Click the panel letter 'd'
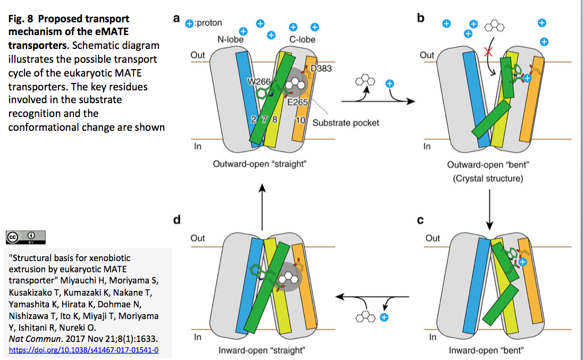pos(176,220)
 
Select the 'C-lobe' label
pos(302,39)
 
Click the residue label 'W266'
pos(259,81)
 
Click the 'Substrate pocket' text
pos(346,123)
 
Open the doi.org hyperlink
pos(84,350)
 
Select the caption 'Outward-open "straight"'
pos(259,164)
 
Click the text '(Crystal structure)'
pos(488,179)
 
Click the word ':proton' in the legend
pos(209,23)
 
